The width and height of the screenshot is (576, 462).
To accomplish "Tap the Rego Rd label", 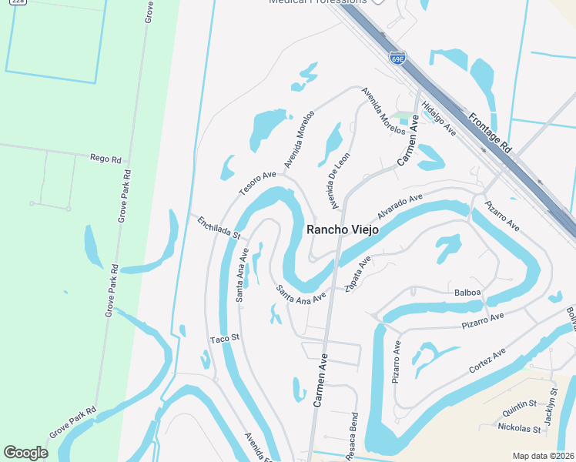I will tap(105, 159).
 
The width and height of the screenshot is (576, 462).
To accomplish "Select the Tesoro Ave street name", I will tap(256, 182).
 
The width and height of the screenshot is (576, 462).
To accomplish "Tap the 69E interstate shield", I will tap(398, 59).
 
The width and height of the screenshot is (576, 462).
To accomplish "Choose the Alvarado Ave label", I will tap(400, 206).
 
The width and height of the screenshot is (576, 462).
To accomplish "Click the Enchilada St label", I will tap(219, 227).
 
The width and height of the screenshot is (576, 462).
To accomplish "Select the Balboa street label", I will tap(467, 292).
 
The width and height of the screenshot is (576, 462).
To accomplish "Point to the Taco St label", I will tap(226, 338).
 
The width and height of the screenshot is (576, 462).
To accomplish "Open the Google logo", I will tap(26, 452).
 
